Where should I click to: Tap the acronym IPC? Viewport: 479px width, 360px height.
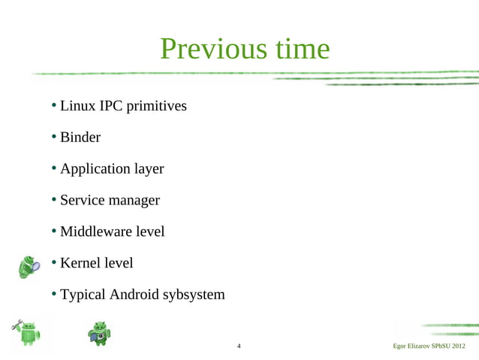tap(112, 106)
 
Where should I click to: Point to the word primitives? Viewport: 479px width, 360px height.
tap(156, 107)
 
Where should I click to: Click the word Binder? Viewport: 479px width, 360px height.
tap(80, 138)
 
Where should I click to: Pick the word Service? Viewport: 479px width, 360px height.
tap(83, 201)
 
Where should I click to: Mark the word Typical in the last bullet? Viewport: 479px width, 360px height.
tap(83, 295)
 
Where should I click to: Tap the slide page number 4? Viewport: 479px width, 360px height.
tap(239, 346)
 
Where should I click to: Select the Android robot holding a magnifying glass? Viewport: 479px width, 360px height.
tap(29, 267)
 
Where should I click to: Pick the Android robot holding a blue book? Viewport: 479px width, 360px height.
tap(99, 333)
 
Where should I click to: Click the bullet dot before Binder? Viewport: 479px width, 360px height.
tap(54, 137)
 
